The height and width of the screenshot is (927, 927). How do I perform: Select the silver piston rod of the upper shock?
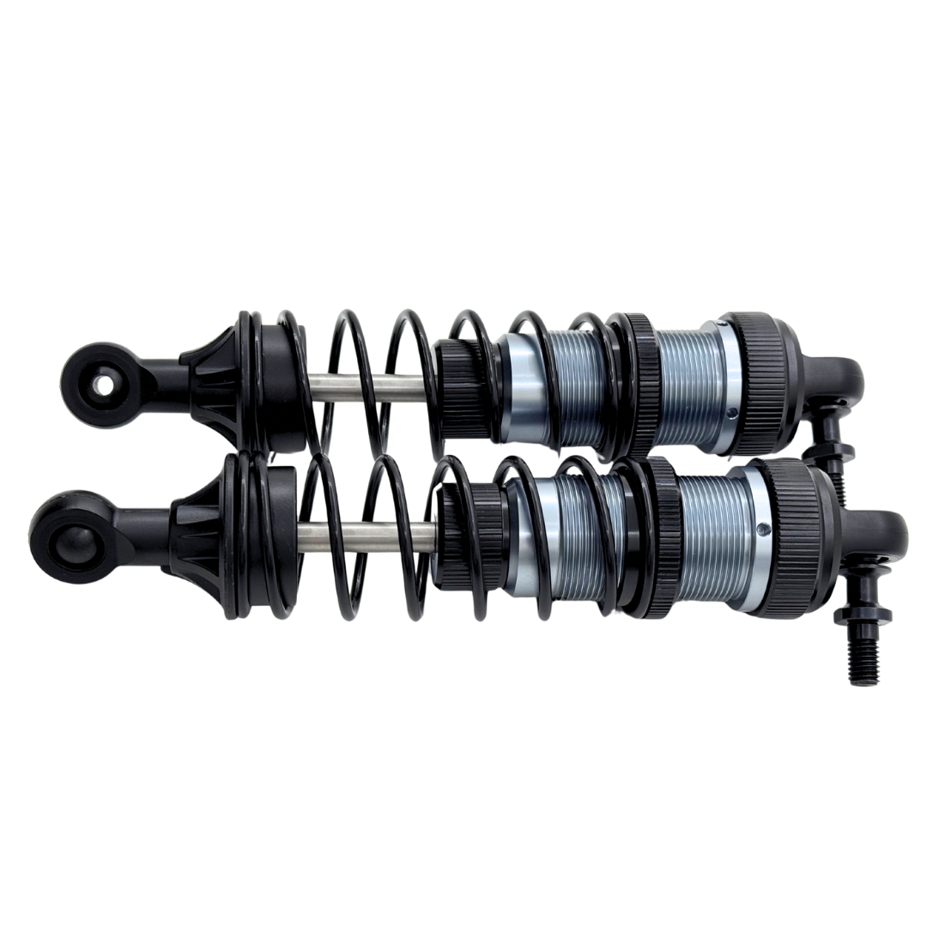(x=369, y=388)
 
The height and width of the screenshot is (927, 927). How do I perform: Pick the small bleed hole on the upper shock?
(x=730, y=413)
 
